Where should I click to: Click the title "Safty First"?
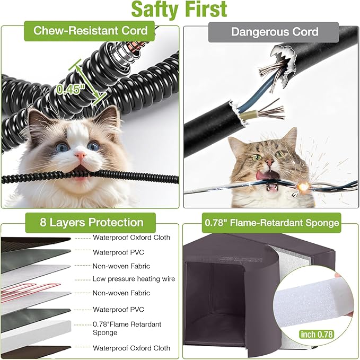179,10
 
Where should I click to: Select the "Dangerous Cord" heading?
274,31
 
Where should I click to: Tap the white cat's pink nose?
80,155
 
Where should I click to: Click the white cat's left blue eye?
63,146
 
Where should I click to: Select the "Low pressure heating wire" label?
134,279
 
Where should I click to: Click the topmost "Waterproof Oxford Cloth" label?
131,238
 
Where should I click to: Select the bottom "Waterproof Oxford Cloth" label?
131,348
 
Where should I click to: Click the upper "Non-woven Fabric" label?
121,266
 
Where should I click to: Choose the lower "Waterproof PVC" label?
118,309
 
